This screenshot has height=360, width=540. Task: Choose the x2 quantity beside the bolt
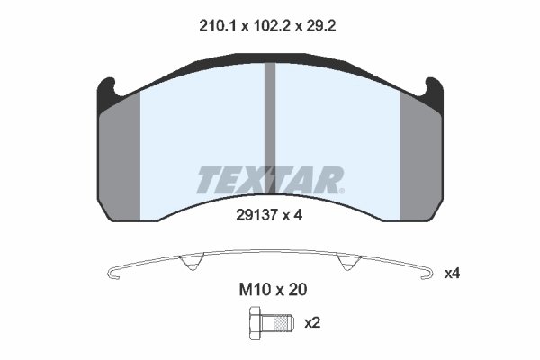click(312, 321)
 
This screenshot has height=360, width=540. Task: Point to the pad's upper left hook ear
click(105, 90)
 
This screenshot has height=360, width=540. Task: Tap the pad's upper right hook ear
click(435, 90)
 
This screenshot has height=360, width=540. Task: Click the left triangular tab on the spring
click(189, 265)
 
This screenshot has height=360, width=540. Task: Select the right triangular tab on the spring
click(346, 265)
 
